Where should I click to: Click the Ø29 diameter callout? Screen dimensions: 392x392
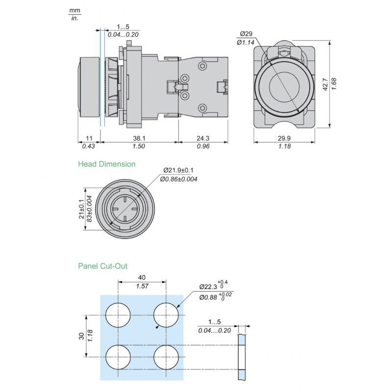(x=246, y=34)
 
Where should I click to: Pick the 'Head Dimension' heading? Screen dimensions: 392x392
(x=107, y=164)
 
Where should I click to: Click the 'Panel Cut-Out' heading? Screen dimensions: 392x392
(x=103, y=266)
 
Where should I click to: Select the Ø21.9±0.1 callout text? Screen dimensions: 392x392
(x=179, y=171)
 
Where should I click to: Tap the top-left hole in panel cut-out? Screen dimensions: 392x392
(x=118, y=315)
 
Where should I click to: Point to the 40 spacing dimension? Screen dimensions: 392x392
(x=142, y=277)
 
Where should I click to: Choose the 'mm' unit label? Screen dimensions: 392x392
(x=74, y=10)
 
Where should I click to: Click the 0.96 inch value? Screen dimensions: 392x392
(x=203, y=147)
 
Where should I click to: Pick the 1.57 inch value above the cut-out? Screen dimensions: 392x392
(x=142, y=286)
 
